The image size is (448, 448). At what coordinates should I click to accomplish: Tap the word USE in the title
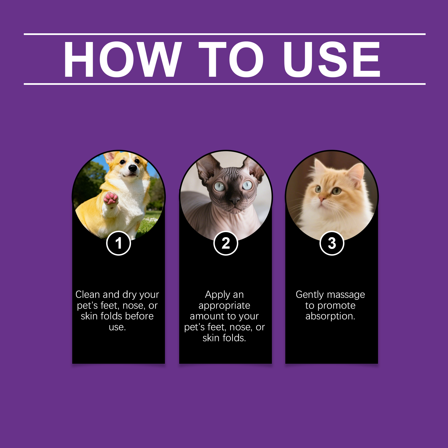point(332,59)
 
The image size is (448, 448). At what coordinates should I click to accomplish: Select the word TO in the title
point(231,59)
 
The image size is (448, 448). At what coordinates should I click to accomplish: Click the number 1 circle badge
point(119,243)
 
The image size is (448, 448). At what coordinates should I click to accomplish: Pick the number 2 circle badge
point(226,243)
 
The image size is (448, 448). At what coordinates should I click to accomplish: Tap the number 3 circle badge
point(332,243)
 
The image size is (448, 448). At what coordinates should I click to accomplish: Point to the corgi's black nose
point(132,168)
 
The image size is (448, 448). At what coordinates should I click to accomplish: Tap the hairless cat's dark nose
point(235,200)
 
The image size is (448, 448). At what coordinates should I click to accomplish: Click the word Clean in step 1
point(88,295)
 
